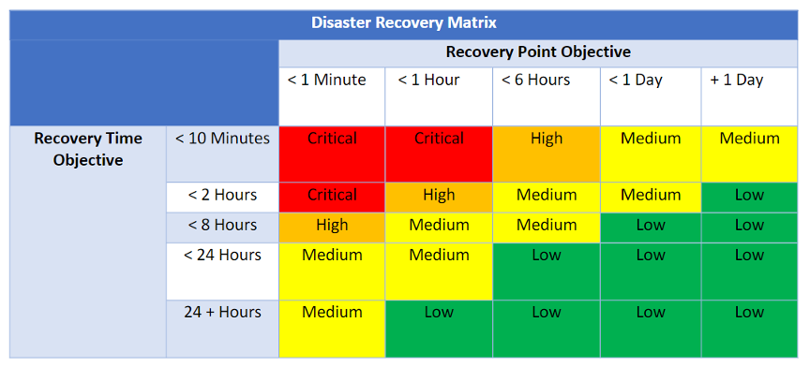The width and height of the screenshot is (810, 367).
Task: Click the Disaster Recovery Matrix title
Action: pyautogui.click(x=404, y=22)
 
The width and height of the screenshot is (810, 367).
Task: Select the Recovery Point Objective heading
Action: pyautogui.click(x=537, y=52)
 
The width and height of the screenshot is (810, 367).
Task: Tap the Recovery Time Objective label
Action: pyautogui.click(x=88, y=149)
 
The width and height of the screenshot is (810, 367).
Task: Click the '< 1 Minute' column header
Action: pyautogui.click(x=327, y=81)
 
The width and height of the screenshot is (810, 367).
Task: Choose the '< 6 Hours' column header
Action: pyautogui.click(x=535, y=81)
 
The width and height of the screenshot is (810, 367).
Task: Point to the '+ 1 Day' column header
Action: pyautogui.click(x=737, y=81)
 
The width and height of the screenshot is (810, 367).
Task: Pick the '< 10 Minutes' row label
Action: pyautogui.click(x=222, y=139)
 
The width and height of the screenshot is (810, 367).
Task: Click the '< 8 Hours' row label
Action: pyautogui.click(x=222, y=225)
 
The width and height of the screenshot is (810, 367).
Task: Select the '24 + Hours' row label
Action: pyautogui.click(x=222, y=312)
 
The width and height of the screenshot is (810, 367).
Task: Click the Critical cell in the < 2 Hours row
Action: pyautogui.click(x=332, y=196)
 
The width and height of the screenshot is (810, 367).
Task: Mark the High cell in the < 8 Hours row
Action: pyautogui.click(x=332, y=226)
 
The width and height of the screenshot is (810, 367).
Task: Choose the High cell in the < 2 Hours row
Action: pyautogui.click(x=439, y=196)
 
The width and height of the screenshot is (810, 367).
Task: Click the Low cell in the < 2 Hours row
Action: pyautogui.click(x=749, y=196)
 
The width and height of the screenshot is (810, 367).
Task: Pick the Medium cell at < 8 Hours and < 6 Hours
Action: pyautogui.click(x=547, y=226)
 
